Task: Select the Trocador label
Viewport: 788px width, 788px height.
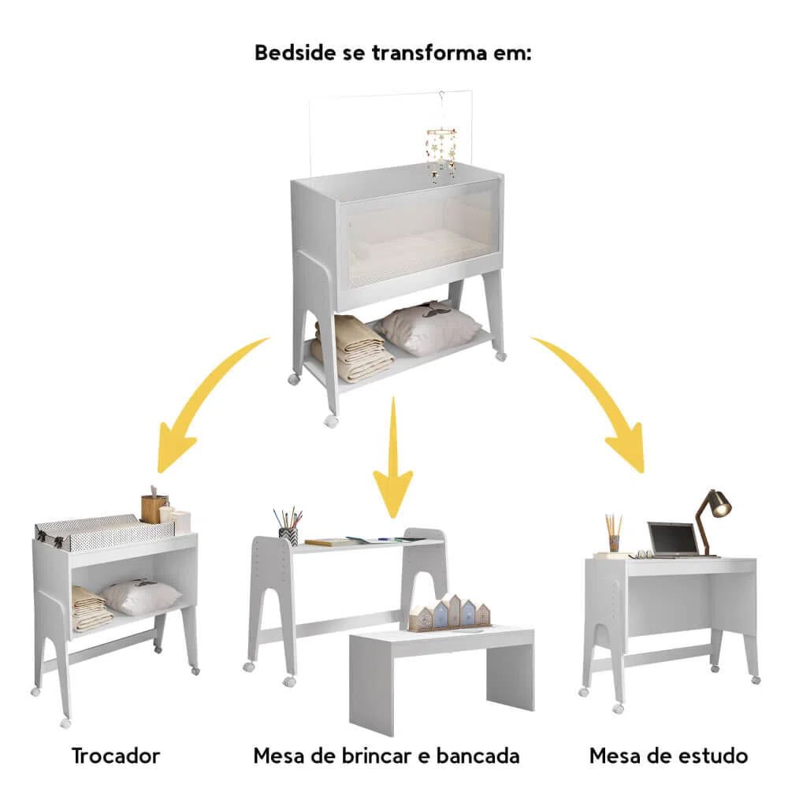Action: coord(116,756)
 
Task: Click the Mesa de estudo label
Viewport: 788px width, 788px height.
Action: coord(668,756)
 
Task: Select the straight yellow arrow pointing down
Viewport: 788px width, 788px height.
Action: coord(393,457)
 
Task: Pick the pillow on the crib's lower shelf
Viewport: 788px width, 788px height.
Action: coord(429,327)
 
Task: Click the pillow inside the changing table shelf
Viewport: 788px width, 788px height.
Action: coord(141,597)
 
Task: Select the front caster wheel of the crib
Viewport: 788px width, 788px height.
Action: coord(330,421)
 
